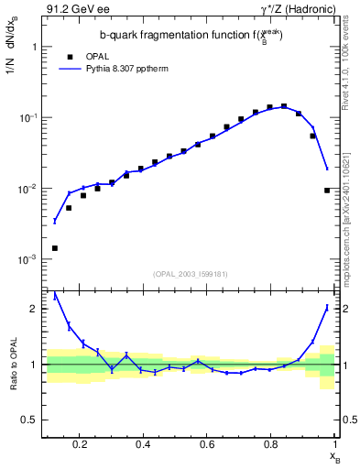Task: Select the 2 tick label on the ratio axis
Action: click(33, 309)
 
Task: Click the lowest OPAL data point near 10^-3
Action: click(54, 248)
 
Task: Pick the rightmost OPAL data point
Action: click(327, 191)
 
